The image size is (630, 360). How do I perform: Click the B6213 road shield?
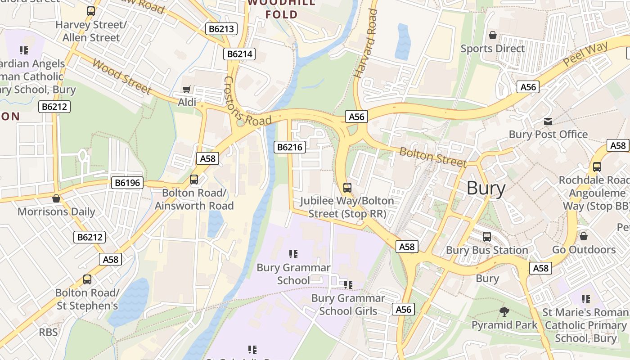pos(221,29)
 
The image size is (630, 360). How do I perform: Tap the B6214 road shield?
pos(239,54)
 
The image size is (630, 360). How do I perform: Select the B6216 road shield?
pos(290,147)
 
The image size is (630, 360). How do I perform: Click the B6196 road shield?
pos(127,183)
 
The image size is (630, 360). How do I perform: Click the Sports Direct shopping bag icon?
pos(493,35)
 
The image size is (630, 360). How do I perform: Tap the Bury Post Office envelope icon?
pos(548,121)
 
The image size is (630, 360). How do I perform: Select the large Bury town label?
pos(486,188)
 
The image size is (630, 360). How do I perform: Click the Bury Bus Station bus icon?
pos(487,237)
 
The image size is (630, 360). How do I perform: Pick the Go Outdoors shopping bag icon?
pos(584,236)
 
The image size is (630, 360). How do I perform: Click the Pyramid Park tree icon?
pos(504,311)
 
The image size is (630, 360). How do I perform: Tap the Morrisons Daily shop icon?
pos(56,198)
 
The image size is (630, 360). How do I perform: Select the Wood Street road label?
pos(121,76)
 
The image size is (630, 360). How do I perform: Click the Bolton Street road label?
pos(433,157)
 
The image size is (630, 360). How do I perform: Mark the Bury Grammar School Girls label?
pos(348,304)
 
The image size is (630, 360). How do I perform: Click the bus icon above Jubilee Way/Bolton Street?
pos(347,188)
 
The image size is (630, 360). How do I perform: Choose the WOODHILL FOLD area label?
pos(282,9)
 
